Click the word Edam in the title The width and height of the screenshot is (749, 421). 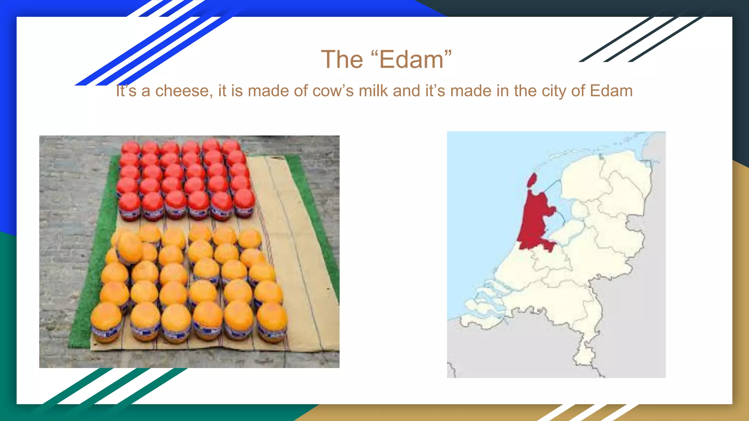pos(411,60)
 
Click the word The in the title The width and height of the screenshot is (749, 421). pos(342,60)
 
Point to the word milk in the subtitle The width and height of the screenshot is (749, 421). pos(373,91)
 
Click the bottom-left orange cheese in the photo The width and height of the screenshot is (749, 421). pos(106,322)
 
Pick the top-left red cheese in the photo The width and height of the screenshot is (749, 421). pos(131,148)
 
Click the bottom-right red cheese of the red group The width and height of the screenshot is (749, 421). pos(244,202)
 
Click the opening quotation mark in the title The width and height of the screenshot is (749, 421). pos(374,55)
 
